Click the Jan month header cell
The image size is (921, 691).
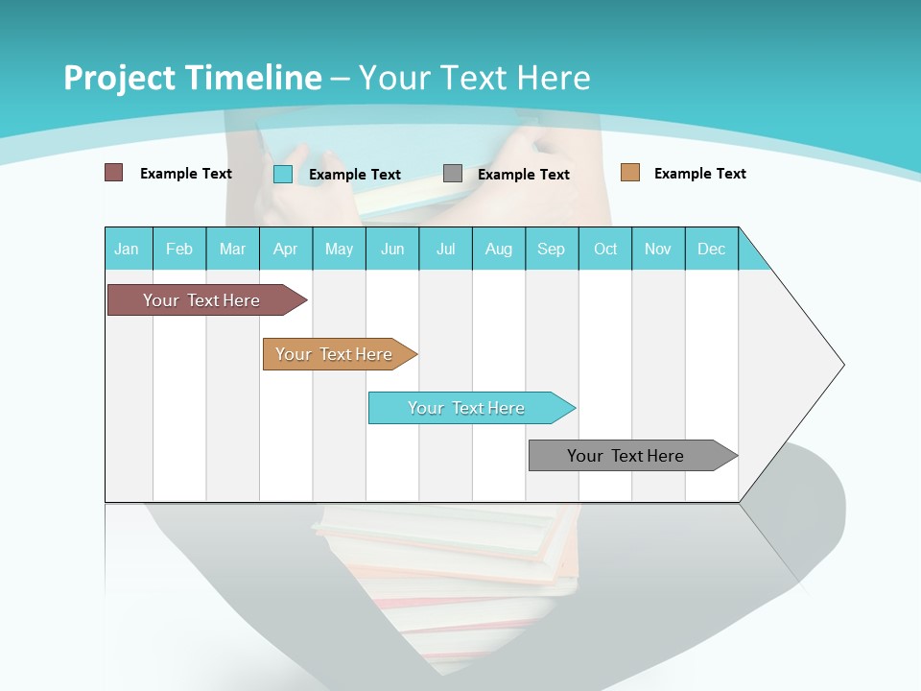[127, 249]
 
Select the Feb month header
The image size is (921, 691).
[179, 249]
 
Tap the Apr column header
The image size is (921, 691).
[285, 249]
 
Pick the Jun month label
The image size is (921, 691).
[392, 249]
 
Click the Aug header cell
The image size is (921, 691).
[498, 249]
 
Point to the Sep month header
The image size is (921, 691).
[551, 249]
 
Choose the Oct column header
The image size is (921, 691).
[605, 249]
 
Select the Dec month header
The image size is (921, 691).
[711, 249]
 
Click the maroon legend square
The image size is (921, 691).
[114, 173]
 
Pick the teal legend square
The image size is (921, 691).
[283, 174]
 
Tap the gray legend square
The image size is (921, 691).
[453, 174]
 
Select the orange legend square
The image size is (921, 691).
[630, 173]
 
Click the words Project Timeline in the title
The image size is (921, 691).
[193, 78]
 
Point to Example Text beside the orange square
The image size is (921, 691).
[699, 174]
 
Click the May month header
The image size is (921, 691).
[339, 249]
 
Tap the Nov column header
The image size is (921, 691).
[658, 249]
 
